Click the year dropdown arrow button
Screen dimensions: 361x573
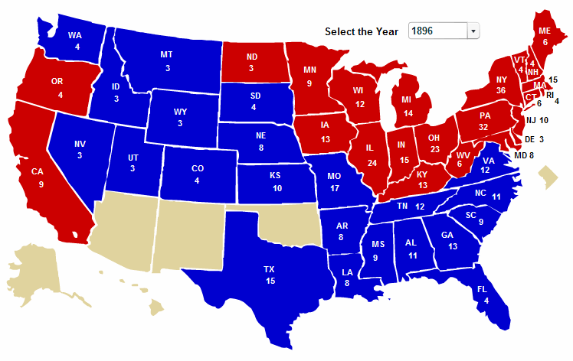tap(473, 31)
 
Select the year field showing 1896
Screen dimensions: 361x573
tap(437, 31)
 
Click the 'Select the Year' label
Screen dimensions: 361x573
tap(362, 31)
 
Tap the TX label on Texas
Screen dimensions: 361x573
tap(269, 269)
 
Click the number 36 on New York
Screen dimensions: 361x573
tap(480, 90)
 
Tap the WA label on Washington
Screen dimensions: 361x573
tap(75, 35)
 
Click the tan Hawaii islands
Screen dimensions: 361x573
tap(153, 306)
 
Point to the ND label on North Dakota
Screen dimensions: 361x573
tap(252, 56)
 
